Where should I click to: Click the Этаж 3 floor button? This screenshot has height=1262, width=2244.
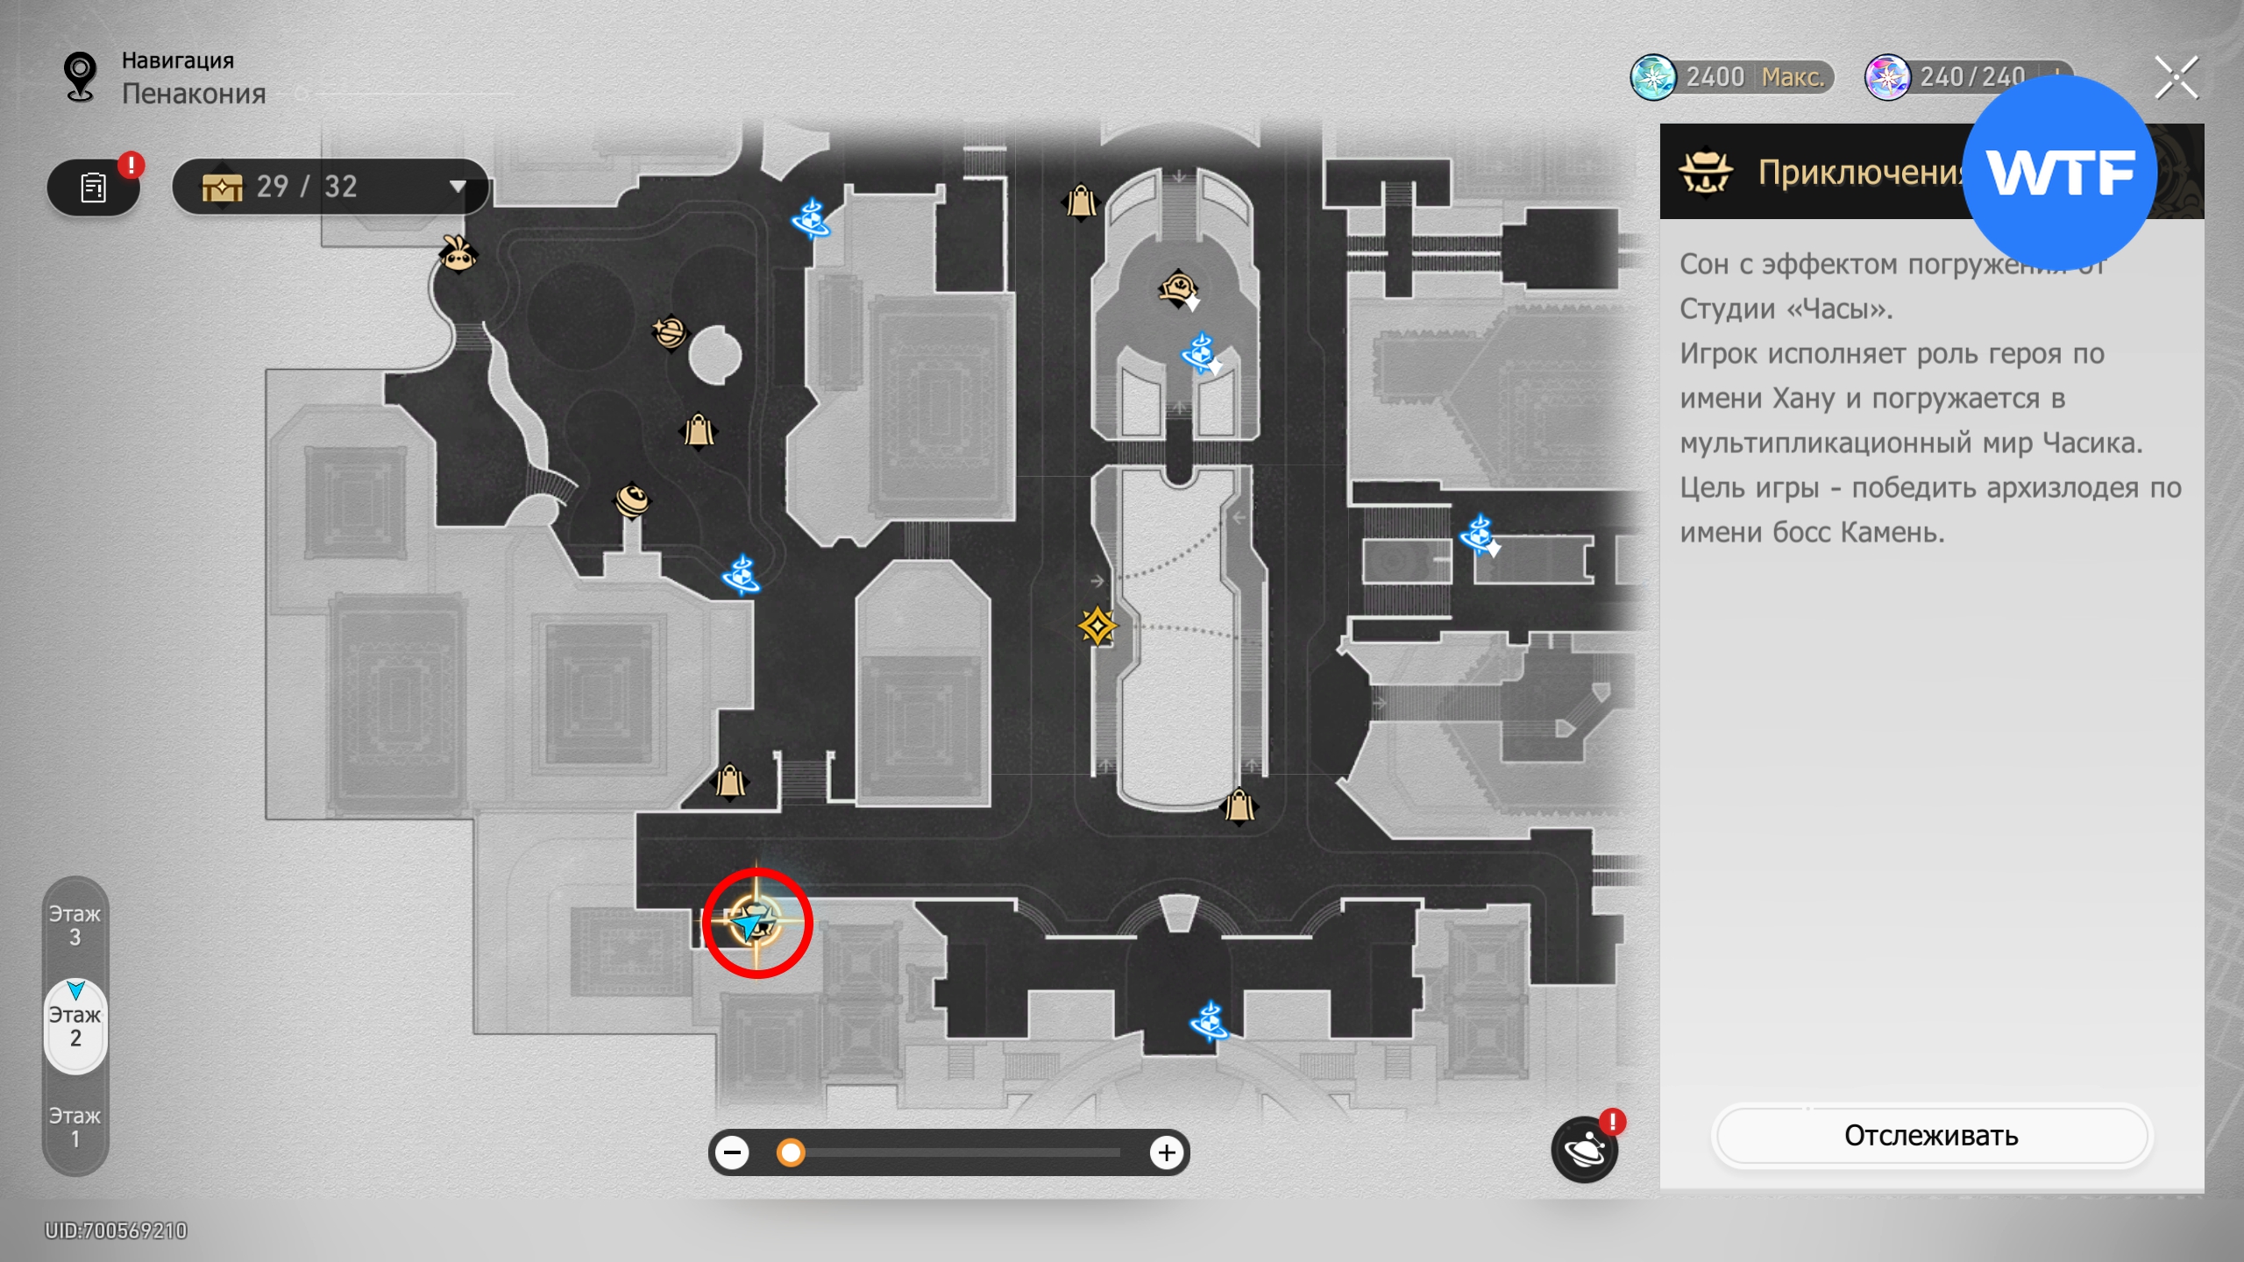pos(75,925)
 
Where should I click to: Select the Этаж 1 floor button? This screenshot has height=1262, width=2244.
pos(75,1127)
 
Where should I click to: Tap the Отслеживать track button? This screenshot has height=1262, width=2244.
pos(1931,1136)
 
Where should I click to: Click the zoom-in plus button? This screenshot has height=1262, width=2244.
pos(1166,1152)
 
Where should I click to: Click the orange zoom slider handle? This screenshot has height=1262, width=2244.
pos(791,1152)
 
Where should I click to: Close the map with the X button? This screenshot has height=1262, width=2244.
pos(2177,79)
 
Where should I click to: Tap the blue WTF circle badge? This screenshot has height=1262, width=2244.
pos(2059,173)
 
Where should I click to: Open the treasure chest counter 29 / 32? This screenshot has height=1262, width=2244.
pos(330,187)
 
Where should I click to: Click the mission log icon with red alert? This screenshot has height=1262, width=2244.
pos(94,187)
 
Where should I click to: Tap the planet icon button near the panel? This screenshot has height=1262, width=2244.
pos(1584,1150)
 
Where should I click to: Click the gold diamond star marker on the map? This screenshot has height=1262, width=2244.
pos(1097,627)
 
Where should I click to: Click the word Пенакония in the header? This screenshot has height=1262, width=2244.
pos(194,94)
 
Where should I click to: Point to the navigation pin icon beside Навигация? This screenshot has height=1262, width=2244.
pos(81,77)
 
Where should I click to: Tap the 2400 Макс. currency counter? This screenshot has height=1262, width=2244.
pos(1732,78)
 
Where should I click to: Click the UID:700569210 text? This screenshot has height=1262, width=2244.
pos(117,1231)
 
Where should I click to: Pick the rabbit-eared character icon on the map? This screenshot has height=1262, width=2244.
pos(458,255)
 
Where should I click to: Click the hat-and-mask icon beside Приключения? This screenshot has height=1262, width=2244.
pos(1705,172)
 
